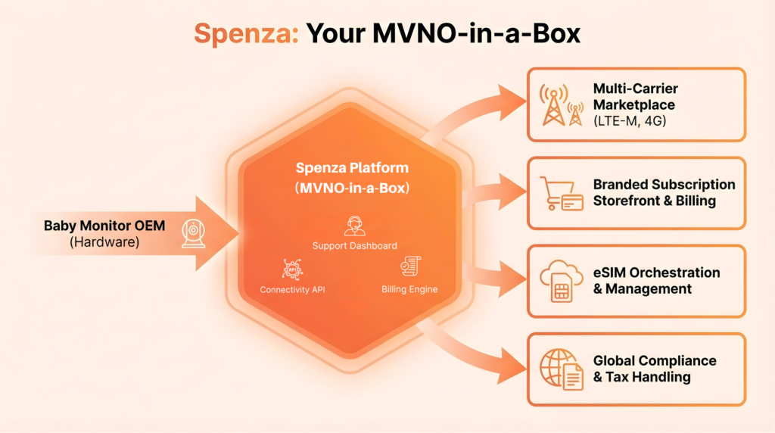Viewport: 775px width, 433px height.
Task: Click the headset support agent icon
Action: point(354,225)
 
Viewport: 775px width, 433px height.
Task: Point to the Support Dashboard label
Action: point(354,245)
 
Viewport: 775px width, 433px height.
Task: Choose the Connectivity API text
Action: point(293,289)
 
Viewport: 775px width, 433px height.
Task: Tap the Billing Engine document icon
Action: point(410,267)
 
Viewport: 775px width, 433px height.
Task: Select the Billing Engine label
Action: point(409,289)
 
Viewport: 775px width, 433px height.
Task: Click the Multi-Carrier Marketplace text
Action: point(635,96)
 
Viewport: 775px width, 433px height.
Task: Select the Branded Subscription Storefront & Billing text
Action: point(664,192)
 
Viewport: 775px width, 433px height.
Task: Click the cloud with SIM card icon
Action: point(561,281)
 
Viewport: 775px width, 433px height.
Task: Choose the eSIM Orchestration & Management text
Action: point(656,280)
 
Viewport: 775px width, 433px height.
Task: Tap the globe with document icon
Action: point(561,369)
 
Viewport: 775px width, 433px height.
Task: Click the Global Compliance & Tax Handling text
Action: point(654,369)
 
